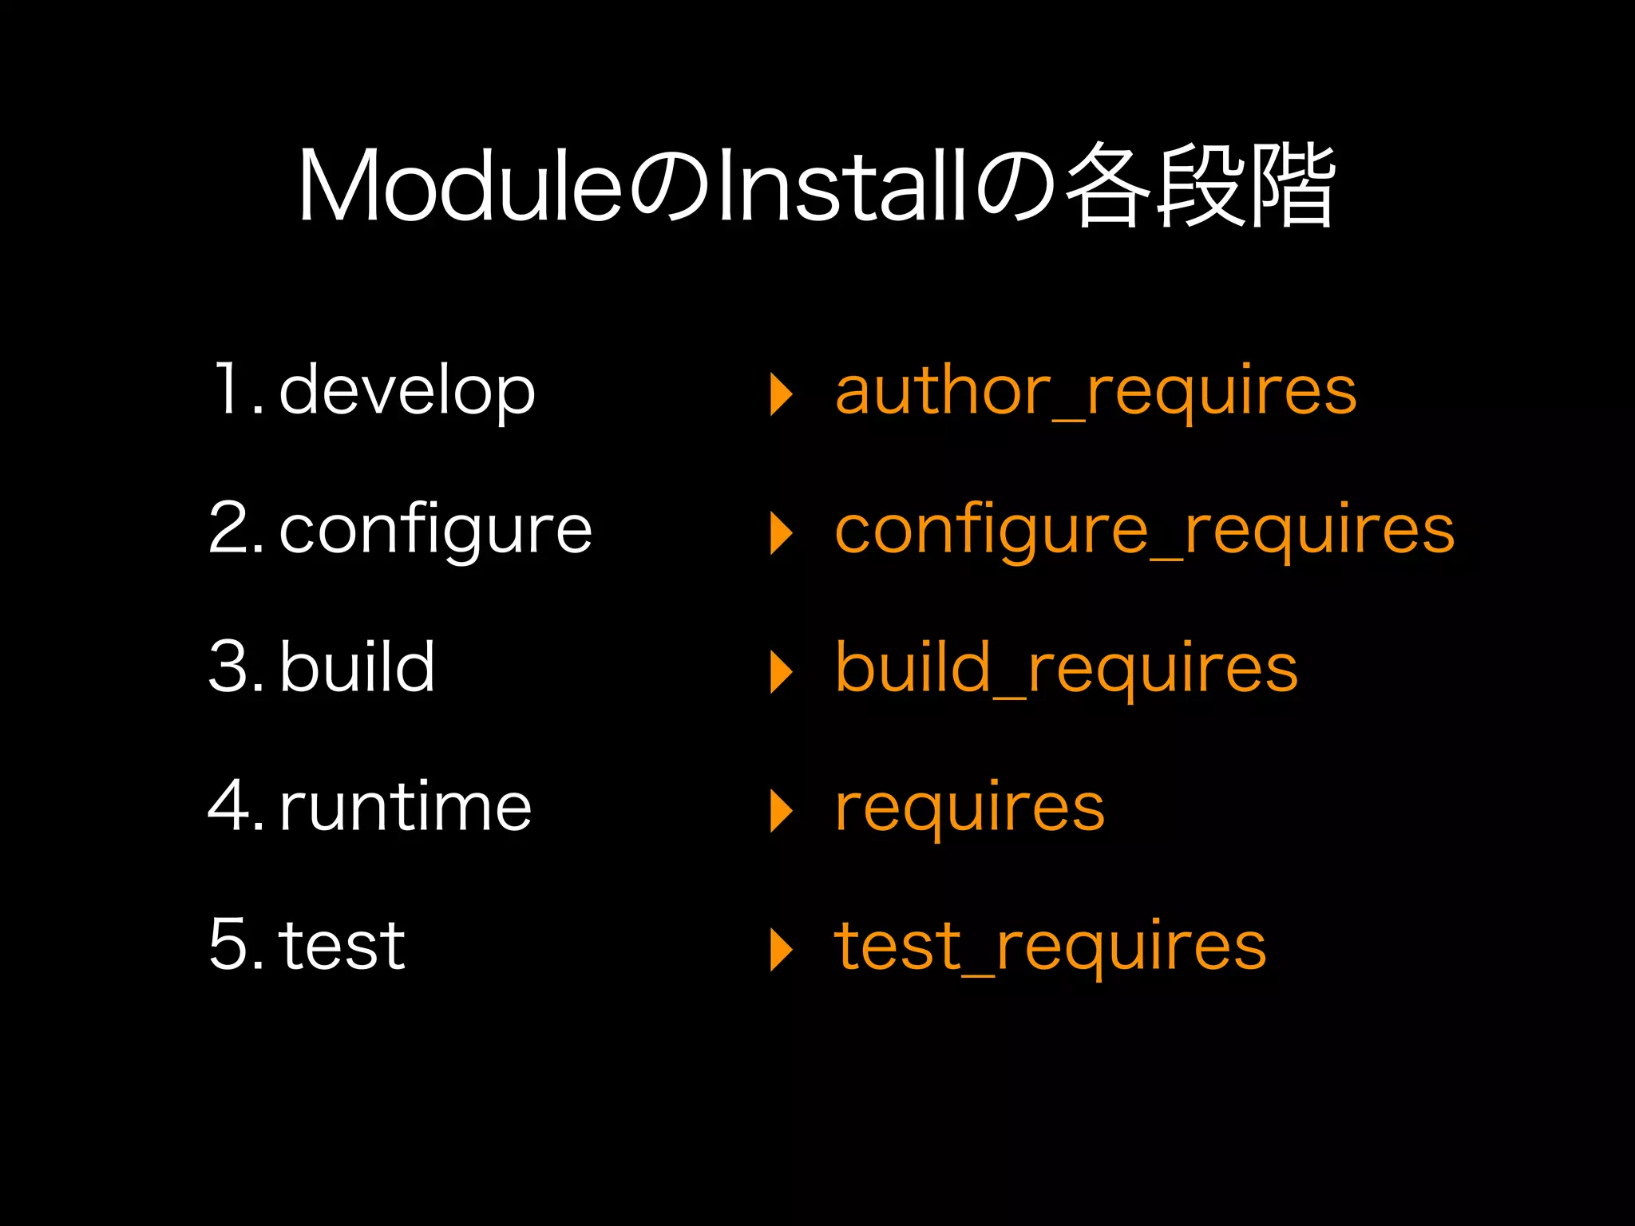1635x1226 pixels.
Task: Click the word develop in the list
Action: click(407, 391)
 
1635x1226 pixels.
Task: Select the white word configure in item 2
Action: click(435, 531)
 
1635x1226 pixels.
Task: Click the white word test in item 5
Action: click(342, 946)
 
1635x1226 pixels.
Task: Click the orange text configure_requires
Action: click(1145, 531)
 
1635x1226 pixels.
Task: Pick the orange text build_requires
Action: click(1067, 669)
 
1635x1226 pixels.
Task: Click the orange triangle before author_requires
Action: click(781, 394)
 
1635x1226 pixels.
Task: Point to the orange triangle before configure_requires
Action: click(781, 533)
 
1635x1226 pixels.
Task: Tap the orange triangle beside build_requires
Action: click(781, 672)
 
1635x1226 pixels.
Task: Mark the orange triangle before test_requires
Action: click(781, 950)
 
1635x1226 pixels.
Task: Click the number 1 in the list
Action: click(228, 389)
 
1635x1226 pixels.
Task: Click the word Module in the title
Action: click(460, 185)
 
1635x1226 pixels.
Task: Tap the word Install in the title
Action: click(843, 185)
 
